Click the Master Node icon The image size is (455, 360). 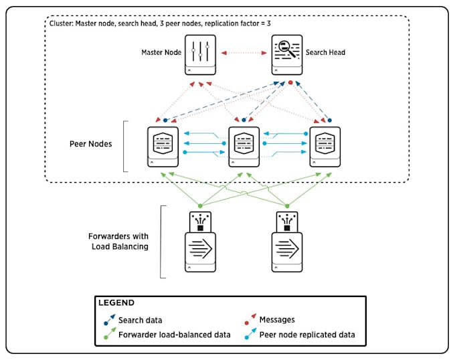tap(201, 54)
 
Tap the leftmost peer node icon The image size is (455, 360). tap(163, 145)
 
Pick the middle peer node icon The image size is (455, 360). tap(244, 145)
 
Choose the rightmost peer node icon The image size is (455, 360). tap(325, 145)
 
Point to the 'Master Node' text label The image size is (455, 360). tap(161, 52)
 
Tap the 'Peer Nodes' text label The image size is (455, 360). tap(92, 144)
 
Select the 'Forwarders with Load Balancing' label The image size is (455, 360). tap(118, 241)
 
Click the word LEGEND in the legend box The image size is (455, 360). tap(116, 303)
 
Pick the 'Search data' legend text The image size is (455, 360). tap(140, 321)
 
